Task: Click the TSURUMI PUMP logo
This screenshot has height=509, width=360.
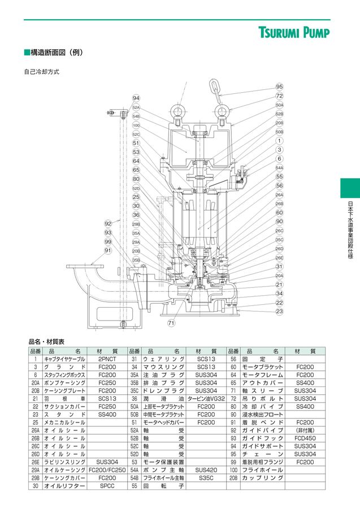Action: tap(294, 32)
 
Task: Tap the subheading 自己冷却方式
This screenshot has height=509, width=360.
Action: tap(41, 72)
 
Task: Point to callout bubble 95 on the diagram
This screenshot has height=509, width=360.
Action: tap(279, 87)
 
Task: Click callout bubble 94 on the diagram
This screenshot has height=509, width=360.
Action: tap(136, 98)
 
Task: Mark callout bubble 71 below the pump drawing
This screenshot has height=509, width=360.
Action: tap(171, 323)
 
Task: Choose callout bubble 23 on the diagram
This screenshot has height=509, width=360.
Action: tap(279, 311)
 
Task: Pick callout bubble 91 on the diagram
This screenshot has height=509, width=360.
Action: tap(108, 251)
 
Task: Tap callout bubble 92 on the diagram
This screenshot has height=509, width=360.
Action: tap(108, 224)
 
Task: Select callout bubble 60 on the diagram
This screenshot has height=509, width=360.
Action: tap(279, 213)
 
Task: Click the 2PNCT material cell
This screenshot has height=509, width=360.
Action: tap(107, 359)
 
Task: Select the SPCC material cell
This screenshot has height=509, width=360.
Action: tap(107, 486)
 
